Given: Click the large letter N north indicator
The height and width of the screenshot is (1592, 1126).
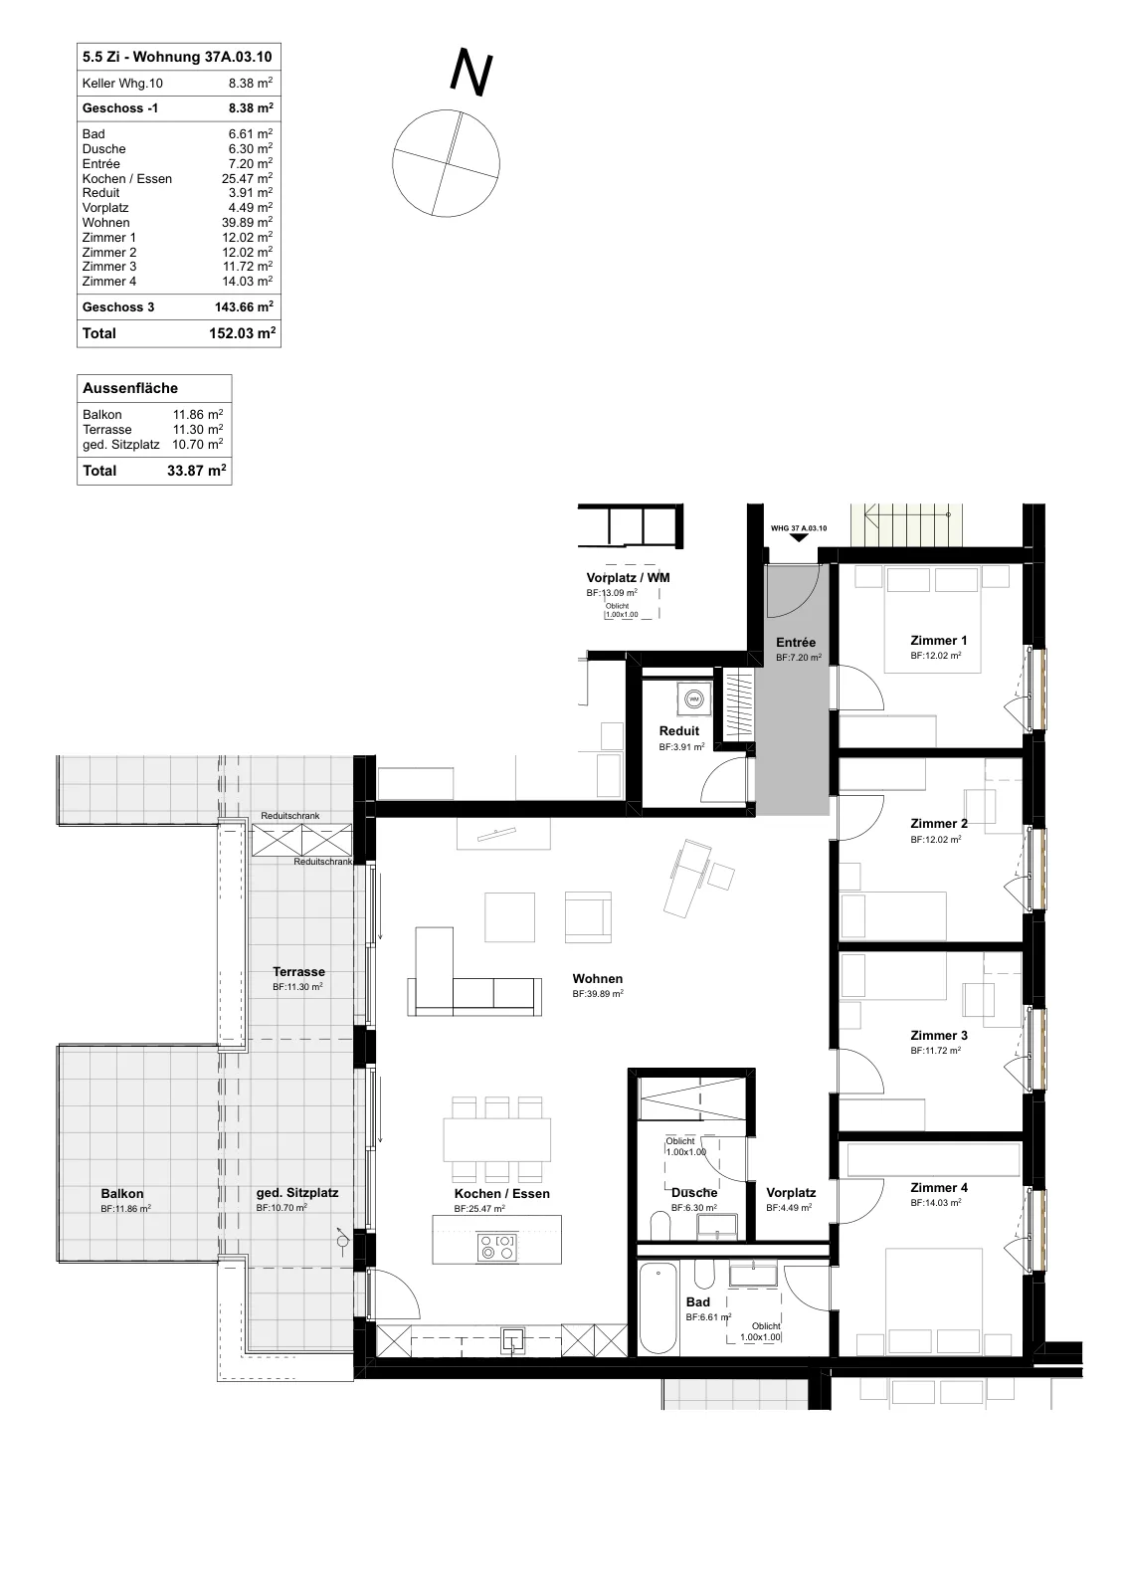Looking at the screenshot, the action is point(471,72).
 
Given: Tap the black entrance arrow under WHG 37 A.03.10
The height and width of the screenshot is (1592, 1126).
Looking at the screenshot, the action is point(799,537).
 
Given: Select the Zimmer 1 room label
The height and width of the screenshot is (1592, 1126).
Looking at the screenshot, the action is point(938,641).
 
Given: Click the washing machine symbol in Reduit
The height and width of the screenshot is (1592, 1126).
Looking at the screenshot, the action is point(693,698).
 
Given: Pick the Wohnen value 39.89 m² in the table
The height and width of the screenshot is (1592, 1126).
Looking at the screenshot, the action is point(247,223).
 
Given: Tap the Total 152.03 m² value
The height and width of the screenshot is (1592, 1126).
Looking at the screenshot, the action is point(242,333).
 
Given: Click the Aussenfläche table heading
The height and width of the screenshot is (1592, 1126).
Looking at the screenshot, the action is point(130,388).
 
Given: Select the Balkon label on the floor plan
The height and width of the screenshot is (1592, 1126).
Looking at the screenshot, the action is point(122,1194).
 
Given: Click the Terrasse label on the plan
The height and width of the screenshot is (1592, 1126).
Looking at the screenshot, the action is point(299,971).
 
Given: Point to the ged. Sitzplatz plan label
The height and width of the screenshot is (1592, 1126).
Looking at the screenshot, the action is point(297,1193).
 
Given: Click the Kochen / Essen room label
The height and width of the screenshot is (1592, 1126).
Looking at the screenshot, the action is point(502,1194).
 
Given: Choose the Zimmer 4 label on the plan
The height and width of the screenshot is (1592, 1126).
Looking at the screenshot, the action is point(938,1188).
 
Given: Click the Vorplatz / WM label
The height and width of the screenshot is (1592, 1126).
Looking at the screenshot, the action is point(628,578).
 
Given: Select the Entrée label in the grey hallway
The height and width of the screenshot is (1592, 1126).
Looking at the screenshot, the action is point(796,643).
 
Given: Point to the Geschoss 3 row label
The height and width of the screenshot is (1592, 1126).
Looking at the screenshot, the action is point(118,307).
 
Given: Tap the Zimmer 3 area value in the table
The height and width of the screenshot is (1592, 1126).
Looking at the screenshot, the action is point(247,267).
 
